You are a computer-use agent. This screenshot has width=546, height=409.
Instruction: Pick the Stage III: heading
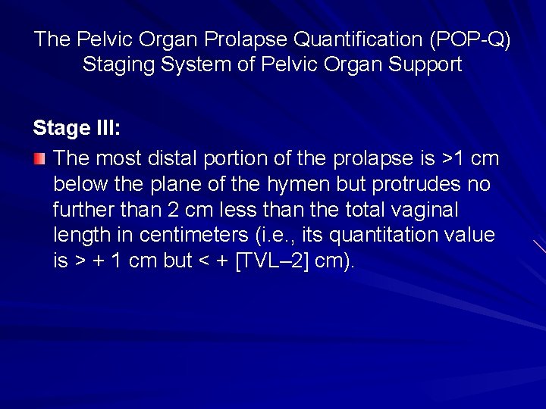coord(77,128)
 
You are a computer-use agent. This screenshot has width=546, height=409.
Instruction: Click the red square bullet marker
coord(39,159)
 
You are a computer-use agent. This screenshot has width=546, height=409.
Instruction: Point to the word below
coord(80,184)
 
